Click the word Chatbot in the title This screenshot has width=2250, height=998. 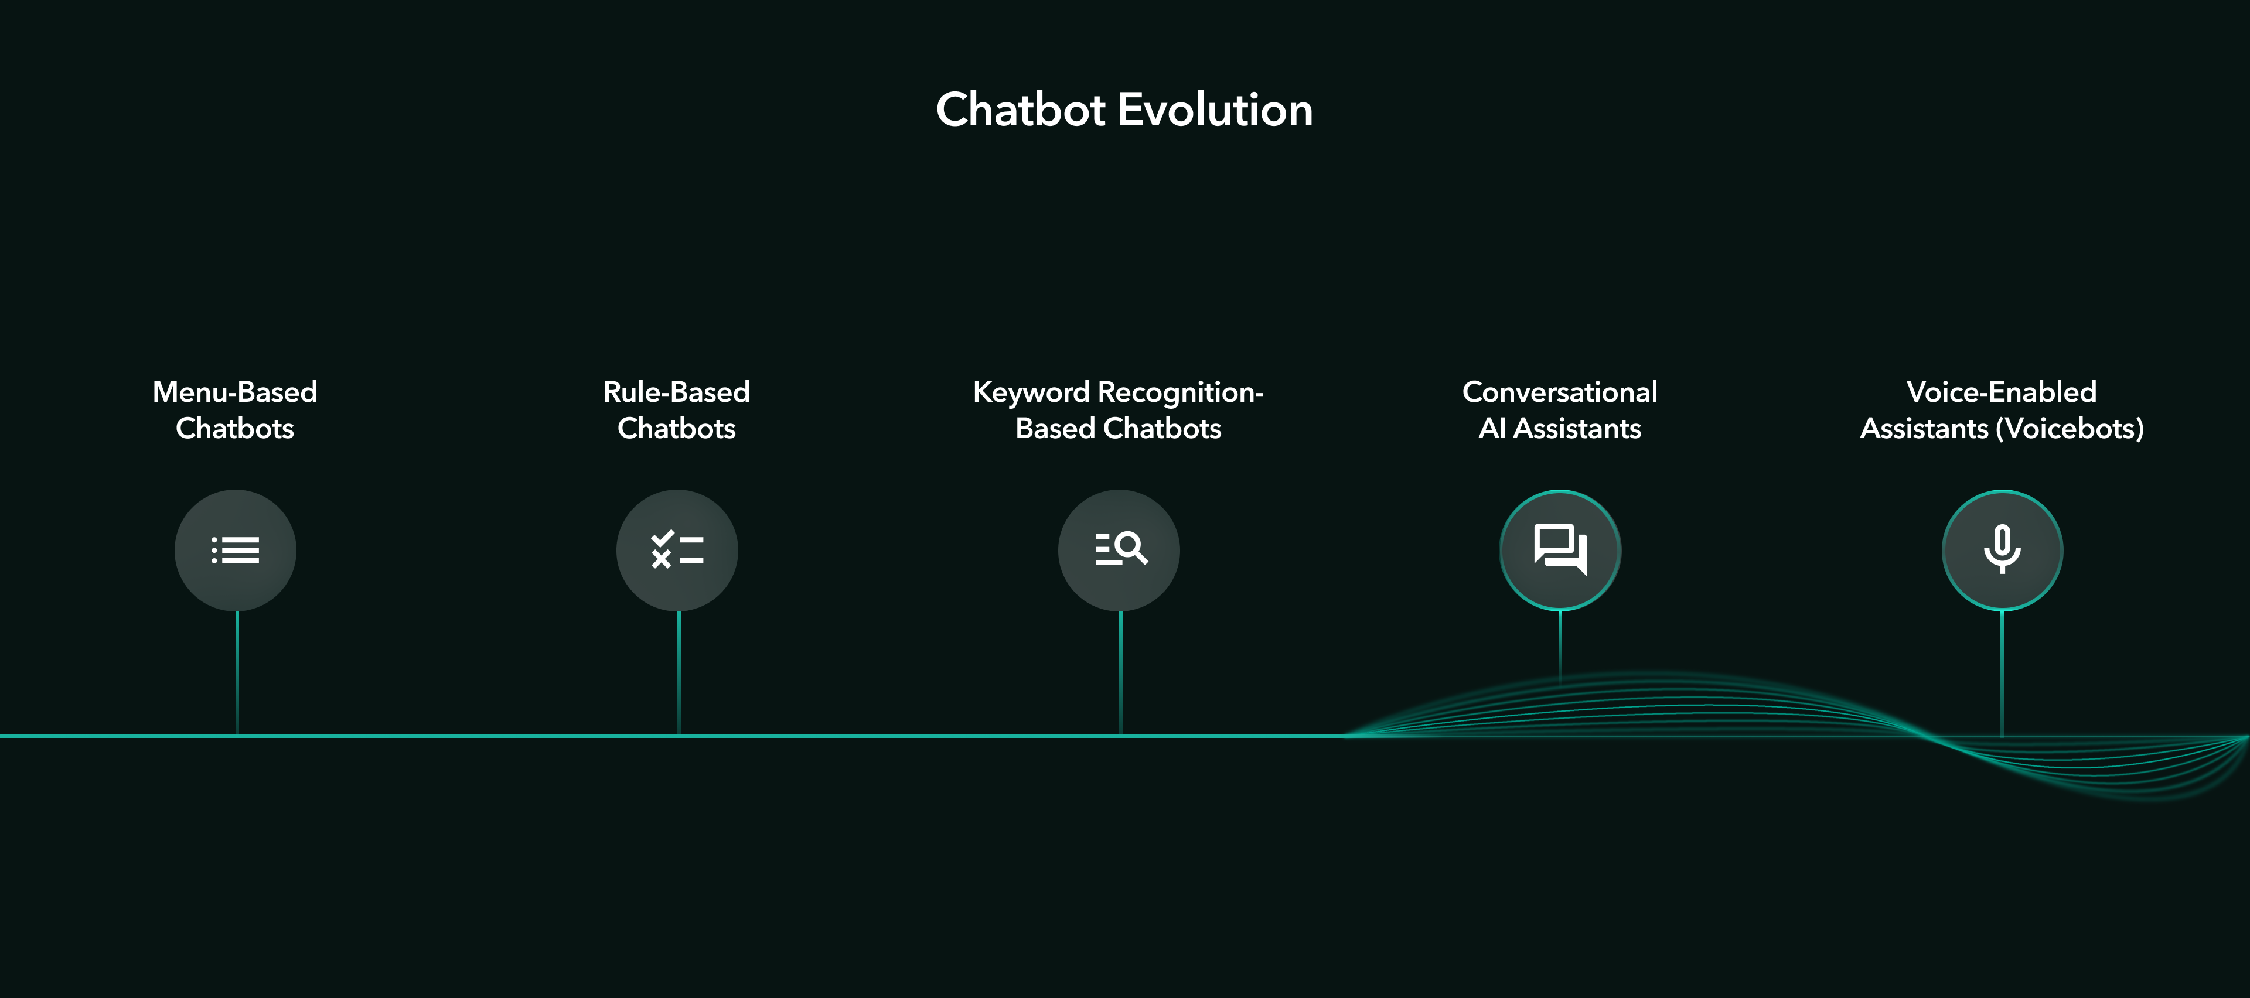click(1020, 110)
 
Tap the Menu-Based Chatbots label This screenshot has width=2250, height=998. click(235, 409)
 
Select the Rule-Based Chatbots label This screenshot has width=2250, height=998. click(677, 409)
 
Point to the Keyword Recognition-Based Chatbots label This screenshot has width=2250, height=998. click(1119, 409)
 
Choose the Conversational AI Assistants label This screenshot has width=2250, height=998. click(1560, 409)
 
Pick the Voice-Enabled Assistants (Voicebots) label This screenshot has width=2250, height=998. click(2002, 409)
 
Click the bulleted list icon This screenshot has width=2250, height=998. click(236, 550)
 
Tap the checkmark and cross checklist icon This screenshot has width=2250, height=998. click(677, 550)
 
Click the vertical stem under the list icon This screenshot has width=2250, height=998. click(237, 673)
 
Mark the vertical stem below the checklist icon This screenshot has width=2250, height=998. click(679, 673)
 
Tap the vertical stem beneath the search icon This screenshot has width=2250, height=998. click(1121, 673)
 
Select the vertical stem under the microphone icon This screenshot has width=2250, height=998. click(2002, 673)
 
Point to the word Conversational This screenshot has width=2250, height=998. click(1560, 392)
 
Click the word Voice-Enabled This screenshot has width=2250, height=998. click(2002, 392)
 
